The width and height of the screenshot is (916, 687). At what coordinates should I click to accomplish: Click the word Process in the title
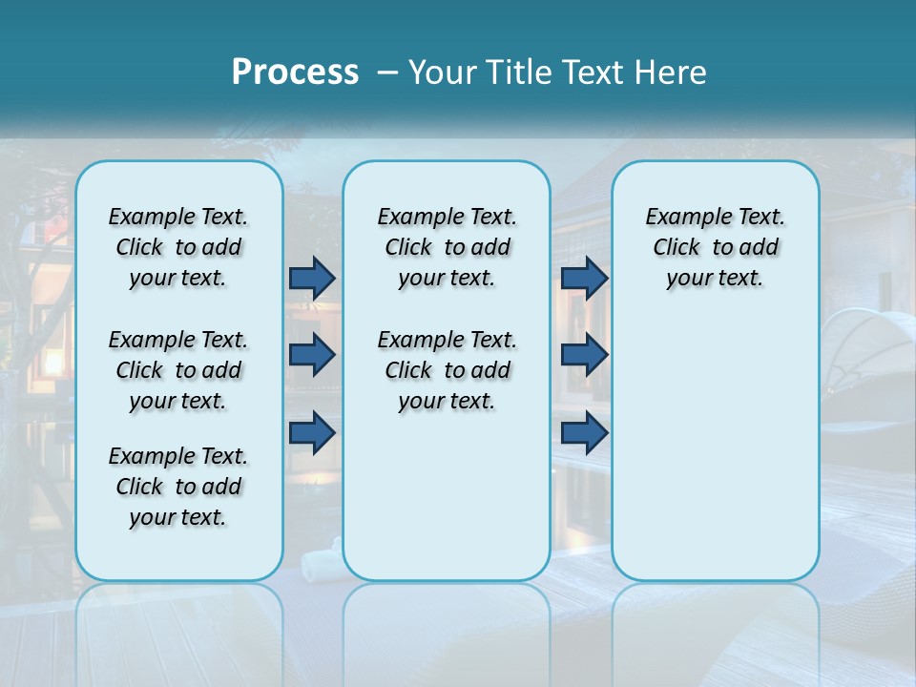click(x=295, y=73)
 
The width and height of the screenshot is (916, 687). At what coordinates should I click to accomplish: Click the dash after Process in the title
click(x=388, y=73)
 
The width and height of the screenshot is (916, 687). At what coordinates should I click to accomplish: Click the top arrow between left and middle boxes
click(x=312, y=278)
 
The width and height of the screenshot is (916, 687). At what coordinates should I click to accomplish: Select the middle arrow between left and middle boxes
click(x=312, y=355)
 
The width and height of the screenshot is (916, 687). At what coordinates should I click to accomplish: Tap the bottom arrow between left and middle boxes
click(x=312, y=433)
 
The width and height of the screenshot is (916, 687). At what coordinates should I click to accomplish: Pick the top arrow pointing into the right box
click(x=584, y=278)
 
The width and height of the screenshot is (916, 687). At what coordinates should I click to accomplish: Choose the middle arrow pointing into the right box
click(x=584, y=355)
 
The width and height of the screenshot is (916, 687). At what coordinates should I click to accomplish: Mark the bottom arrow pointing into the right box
click(x=584, y=433)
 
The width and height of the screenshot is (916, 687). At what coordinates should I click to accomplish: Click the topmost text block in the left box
click(x=178, y=247)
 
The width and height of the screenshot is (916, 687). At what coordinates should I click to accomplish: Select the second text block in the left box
click(x=178, y=370)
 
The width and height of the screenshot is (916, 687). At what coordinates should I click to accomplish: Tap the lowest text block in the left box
click(x=178, y=487)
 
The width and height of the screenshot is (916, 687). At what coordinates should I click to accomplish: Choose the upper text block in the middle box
click(x=447, y=247)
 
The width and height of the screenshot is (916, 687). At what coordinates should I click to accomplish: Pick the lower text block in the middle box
click(x=447, y=370)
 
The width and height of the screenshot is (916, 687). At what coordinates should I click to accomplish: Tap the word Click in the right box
click(x=677, y=248)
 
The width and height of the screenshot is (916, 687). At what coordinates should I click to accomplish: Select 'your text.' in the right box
click(x=715, y=279)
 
